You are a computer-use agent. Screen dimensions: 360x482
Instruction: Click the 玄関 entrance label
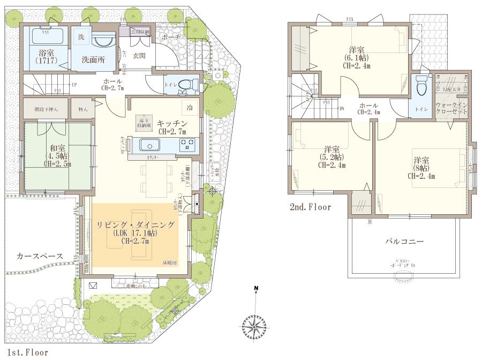139,55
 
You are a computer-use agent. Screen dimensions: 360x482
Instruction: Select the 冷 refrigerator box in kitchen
189,107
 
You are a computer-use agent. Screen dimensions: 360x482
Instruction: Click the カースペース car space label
40,256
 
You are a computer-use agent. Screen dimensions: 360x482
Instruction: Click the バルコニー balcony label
404,242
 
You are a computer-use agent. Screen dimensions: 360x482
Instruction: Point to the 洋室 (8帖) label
421,167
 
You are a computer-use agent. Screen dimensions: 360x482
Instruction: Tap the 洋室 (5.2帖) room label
332,156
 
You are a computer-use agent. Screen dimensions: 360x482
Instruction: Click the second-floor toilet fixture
421,85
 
